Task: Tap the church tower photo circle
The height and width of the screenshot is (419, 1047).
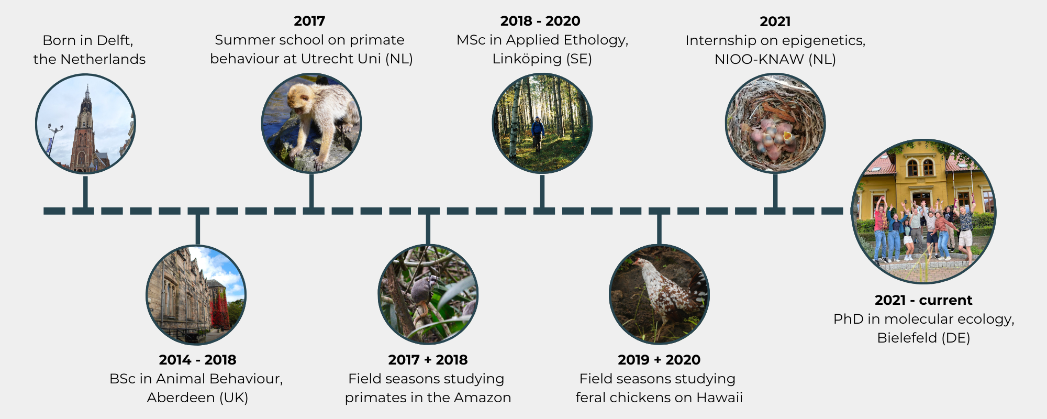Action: pyautogui.click(x=85, y=124)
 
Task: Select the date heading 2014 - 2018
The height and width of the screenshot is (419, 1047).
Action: pyautogui.click(x=197, y=360)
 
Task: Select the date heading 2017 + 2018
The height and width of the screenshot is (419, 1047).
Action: pyautogui.click(x=428, y=360)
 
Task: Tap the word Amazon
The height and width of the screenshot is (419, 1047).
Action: pyautogui.click(x=483, y=398)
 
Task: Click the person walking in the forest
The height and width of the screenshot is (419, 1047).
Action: pyautogui.click(x=538, y=134)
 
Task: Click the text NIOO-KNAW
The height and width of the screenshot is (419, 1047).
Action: pyautogui.click(x=759, y=59)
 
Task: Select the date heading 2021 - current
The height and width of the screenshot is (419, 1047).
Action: pyautogui.click(x=923, y=300)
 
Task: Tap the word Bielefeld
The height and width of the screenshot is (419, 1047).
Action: pyautogui.click(x=907, y=338)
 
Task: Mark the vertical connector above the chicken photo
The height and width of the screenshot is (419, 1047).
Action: pyautogui.click(x=659, y=229)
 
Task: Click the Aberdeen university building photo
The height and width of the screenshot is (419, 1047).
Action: pyautogui.click(x=196, y=295)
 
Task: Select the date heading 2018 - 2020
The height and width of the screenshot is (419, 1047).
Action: pyautogui.click(x=540, y=21)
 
